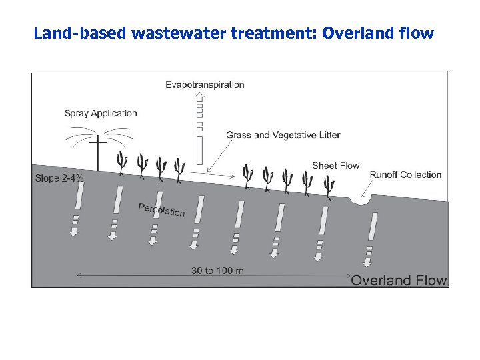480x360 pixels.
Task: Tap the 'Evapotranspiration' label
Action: coord(205,85)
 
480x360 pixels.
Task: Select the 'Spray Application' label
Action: coord(101,113)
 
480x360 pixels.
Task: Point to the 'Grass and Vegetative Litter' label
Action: coord(283,135)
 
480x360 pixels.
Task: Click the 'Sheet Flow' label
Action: coord(336,165)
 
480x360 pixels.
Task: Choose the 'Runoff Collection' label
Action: coord(405,175)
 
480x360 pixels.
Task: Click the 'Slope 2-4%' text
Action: coord(59,178)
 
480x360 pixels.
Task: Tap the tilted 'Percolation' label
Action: coord(161,209)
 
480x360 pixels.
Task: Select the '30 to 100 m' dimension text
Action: coord(217,270)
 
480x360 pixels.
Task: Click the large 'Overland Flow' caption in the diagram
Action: coord(399,280)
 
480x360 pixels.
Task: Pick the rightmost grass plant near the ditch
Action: coord(328,186)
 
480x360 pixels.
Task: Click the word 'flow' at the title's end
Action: coord(417,33)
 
